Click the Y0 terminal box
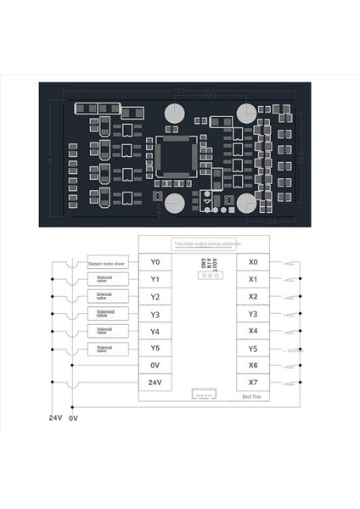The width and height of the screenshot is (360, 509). (154, 262)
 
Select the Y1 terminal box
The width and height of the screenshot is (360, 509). (154, 279)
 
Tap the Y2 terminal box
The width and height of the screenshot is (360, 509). (154, 297)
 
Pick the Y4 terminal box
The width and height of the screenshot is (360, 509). (154, 331)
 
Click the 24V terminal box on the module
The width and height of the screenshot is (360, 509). (154, 383)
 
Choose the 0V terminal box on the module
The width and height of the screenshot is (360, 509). (154, 366)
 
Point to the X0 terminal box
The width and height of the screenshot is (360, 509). (253, 262)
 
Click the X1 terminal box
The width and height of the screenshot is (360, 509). (253, 279)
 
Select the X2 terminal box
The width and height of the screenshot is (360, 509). (253, 297)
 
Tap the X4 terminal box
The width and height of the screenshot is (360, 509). (253, 331)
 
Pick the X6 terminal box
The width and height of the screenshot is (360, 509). (253, 366)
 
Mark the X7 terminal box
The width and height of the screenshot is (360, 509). (253, 383)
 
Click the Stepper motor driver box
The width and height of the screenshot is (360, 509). (107, 264)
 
